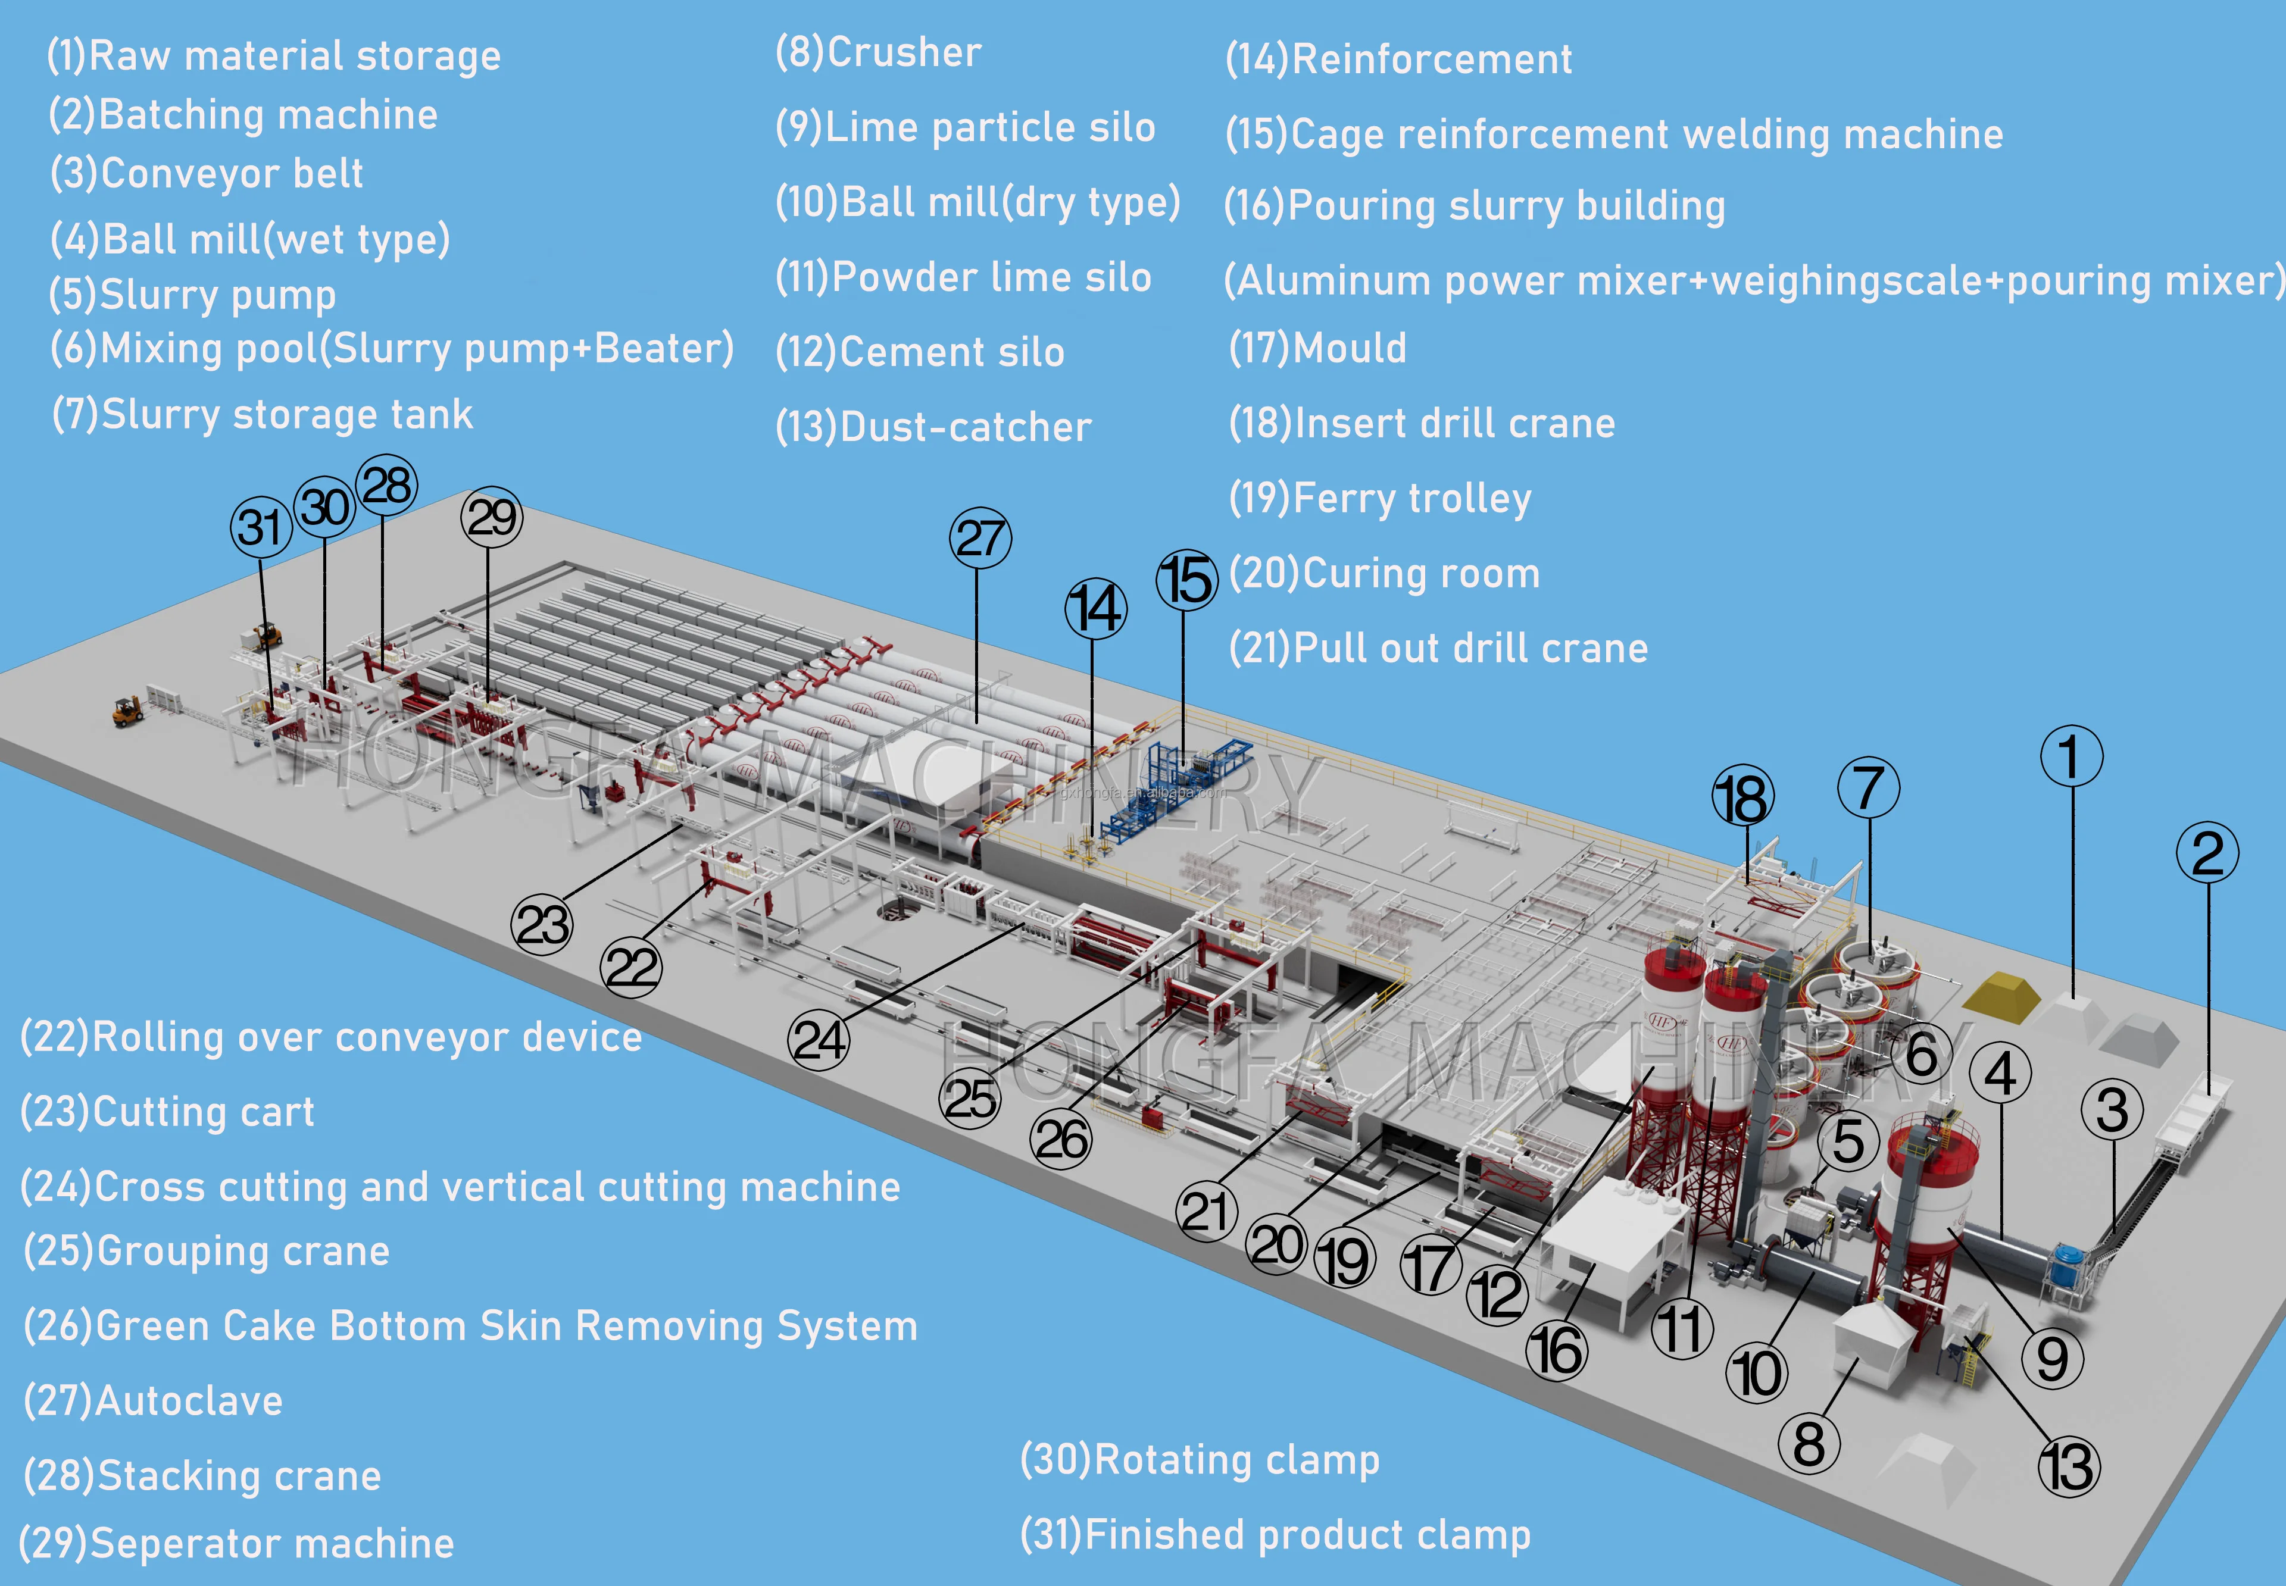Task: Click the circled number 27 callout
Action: click(x=980, y=539)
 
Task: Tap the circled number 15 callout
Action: click(x=1186, y=579)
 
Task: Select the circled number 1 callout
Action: click(x=2071, y=756)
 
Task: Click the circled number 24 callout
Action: click(x=819, y=1040)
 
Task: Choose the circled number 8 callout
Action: click(x=1808, y=1443)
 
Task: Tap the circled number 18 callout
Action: click(x=1742, y=797)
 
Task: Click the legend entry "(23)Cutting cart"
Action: click(x=167, y=1112)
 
